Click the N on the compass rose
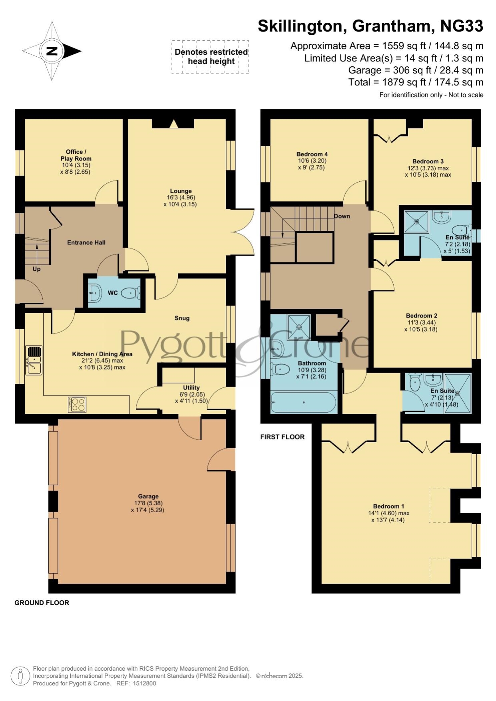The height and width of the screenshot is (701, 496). pos(52,51)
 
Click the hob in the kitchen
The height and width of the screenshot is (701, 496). pos(77,404)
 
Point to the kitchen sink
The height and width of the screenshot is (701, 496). pos(34,360)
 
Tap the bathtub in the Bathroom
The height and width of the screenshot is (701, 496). pos(304,402)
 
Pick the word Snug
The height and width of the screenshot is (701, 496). pos(182,318)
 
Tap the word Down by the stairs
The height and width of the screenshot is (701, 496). pos(342,216)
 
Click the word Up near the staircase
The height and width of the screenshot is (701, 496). pos(36,269)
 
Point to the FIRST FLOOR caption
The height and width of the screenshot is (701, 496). pos(282,437)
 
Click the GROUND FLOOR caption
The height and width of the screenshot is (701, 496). pos(42,603)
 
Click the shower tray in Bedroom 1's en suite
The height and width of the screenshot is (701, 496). pos(458,393)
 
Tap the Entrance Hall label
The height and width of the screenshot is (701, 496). pos(86,242)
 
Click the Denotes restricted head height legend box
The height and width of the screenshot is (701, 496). pos(211,57)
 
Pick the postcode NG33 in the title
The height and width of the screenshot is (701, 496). pos(462,26)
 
